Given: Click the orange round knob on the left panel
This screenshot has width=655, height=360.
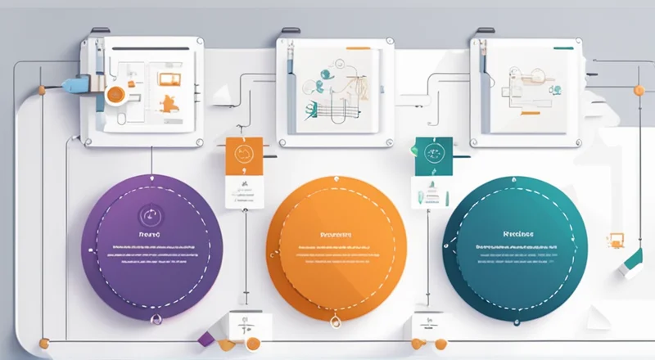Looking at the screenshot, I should [114, 93].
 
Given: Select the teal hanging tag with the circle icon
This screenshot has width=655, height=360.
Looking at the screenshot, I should [428, 153].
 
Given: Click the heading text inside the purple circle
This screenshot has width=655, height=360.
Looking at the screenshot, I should [151, 233].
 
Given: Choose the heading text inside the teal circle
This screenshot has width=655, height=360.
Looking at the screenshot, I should [517, 232].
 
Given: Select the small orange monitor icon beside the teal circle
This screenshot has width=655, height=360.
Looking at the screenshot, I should [615, 241].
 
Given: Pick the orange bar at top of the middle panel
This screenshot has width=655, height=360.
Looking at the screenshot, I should [358, 49].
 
